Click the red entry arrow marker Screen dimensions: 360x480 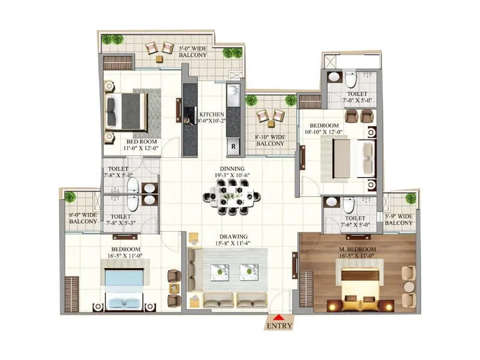click(280, 317)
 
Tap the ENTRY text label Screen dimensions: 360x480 click(280, 326)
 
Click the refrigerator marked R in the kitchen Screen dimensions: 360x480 click(233, 146)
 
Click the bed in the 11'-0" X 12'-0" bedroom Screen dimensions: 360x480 click(126, 112)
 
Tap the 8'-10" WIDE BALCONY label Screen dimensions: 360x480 click(270, 140)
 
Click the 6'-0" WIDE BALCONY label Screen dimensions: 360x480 click(82, 218)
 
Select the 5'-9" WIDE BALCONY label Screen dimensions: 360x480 click(398, 220)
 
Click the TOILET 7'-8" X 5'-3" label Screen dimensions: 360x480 click(122, 220)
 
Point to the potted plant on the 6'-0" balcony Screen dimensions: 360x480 click(71, 196)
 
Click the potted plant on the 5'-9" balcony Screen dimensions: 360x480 click(410, 198)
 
